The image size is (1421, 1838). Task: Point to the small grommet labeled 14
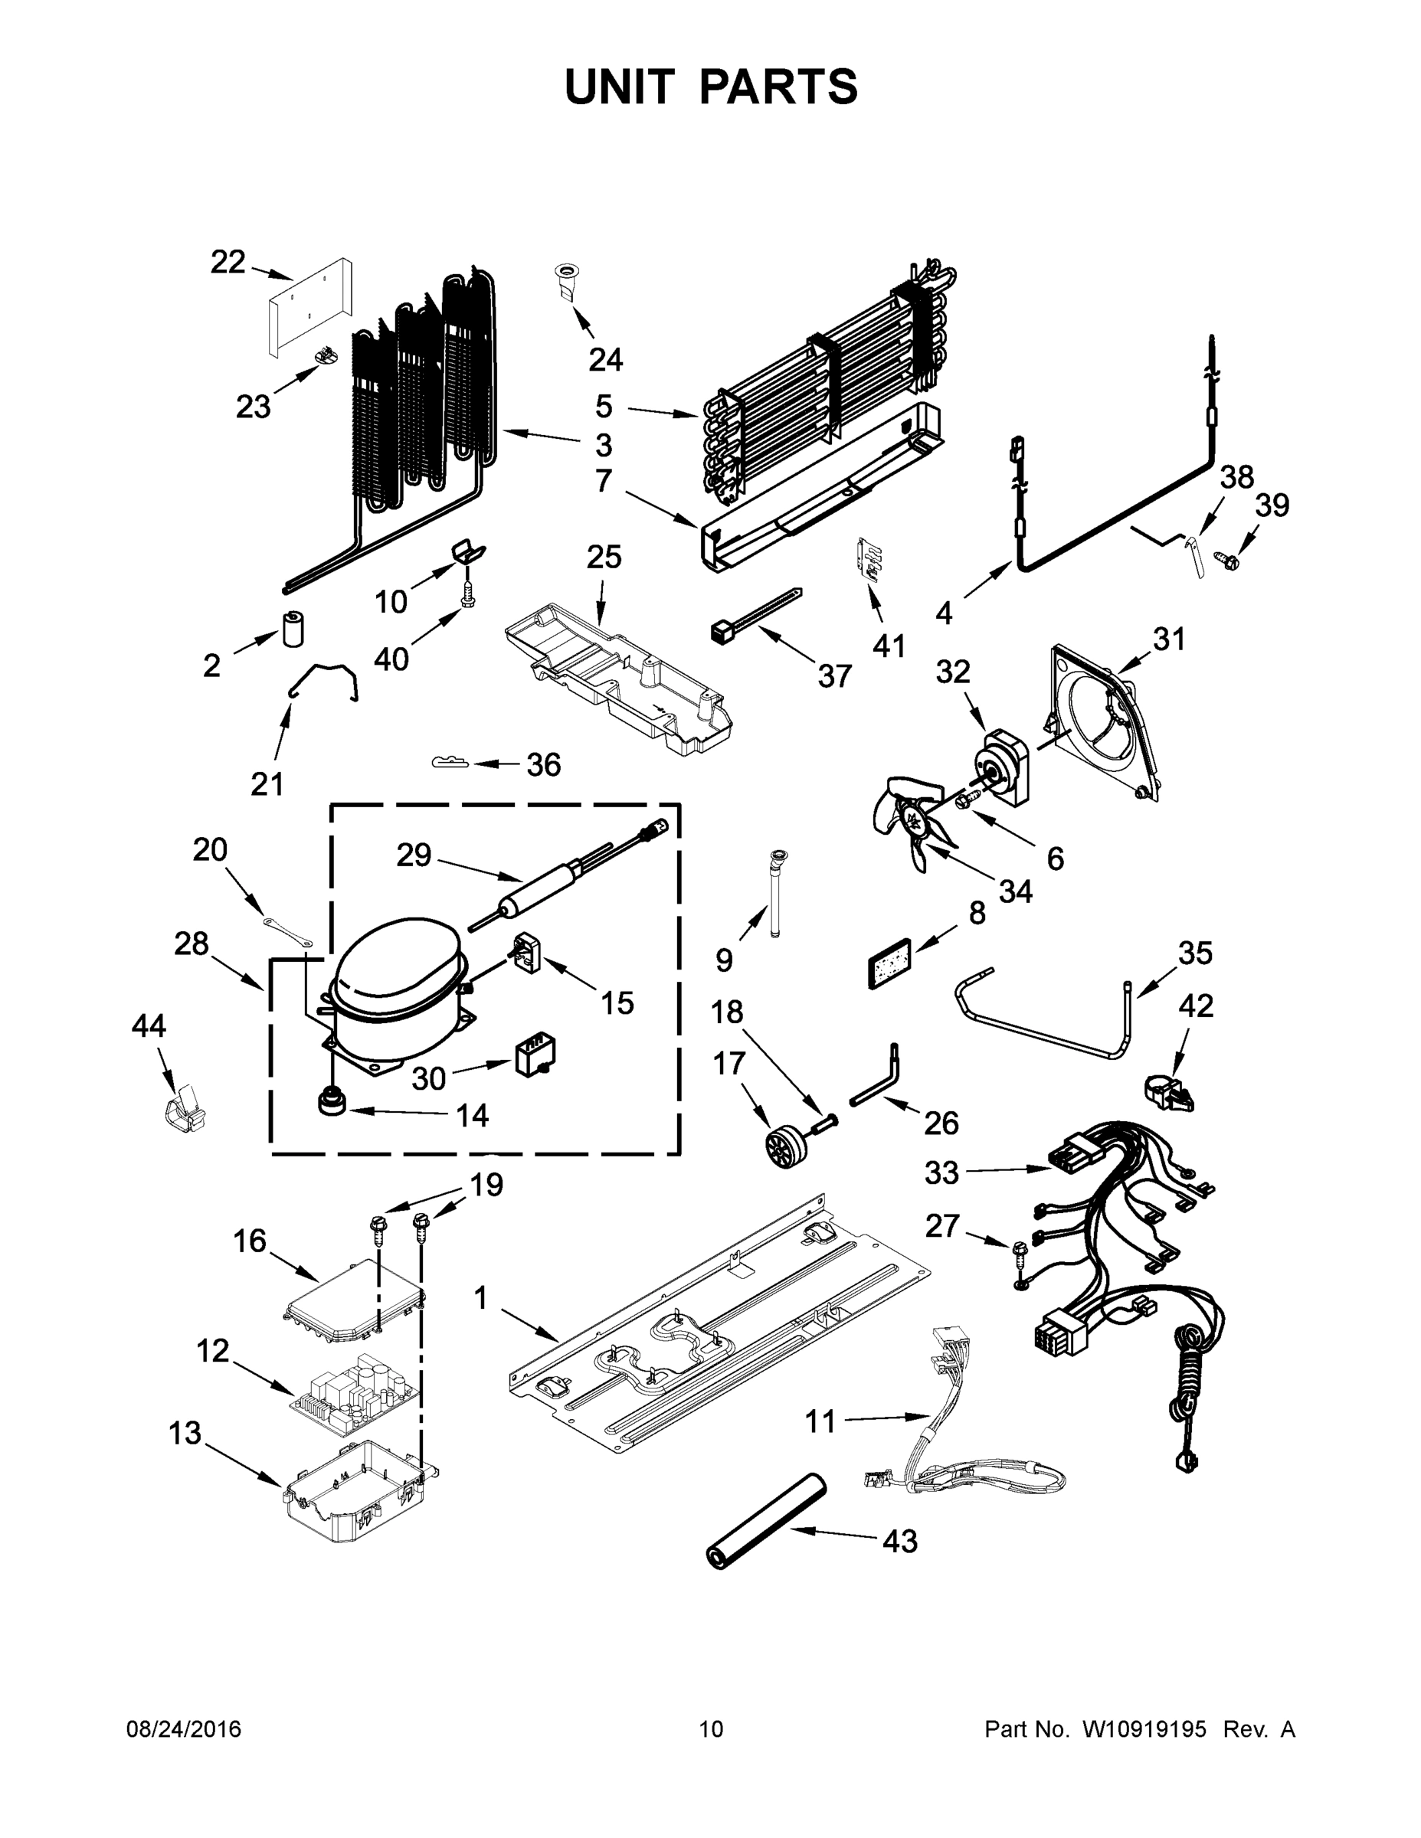(331, 1100)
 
